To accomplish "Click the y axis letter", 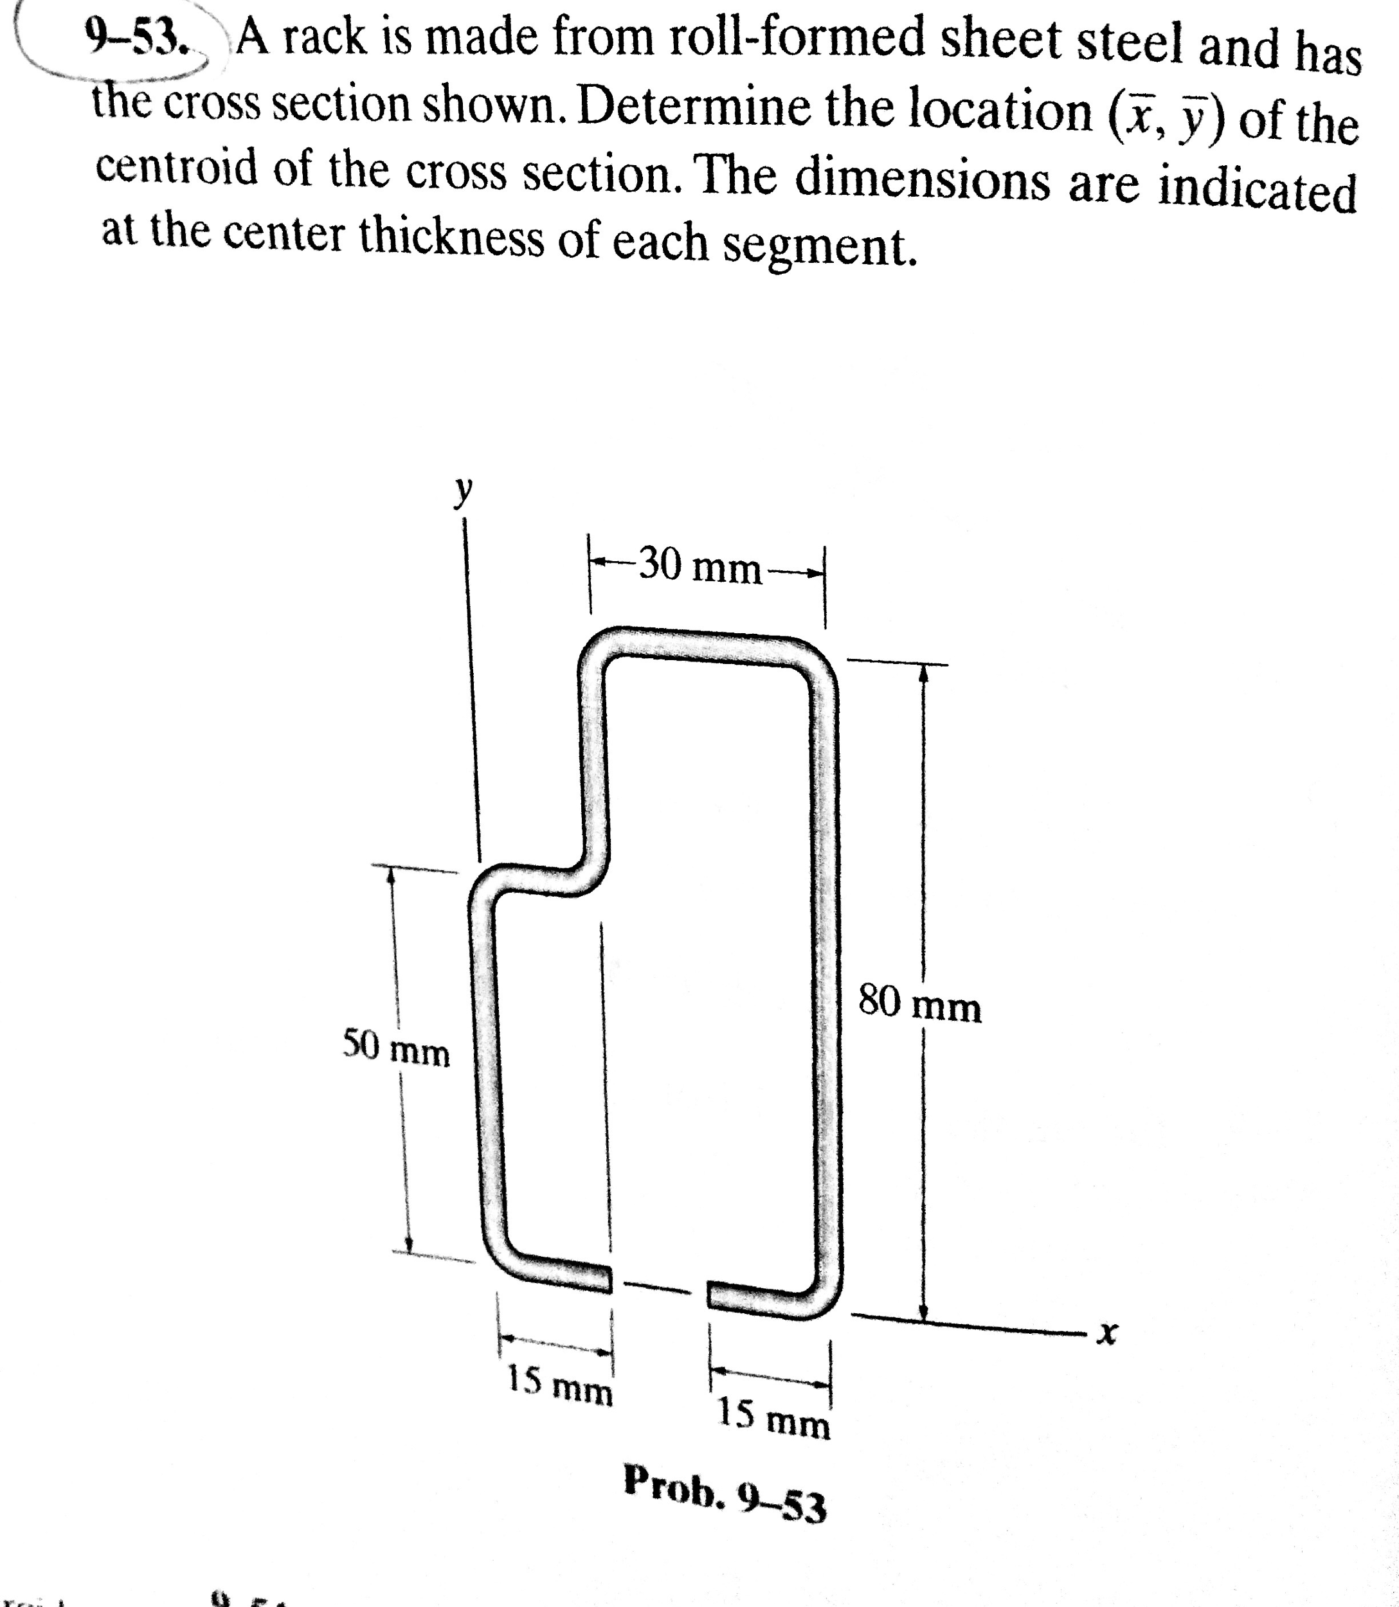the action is point(464,492).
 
